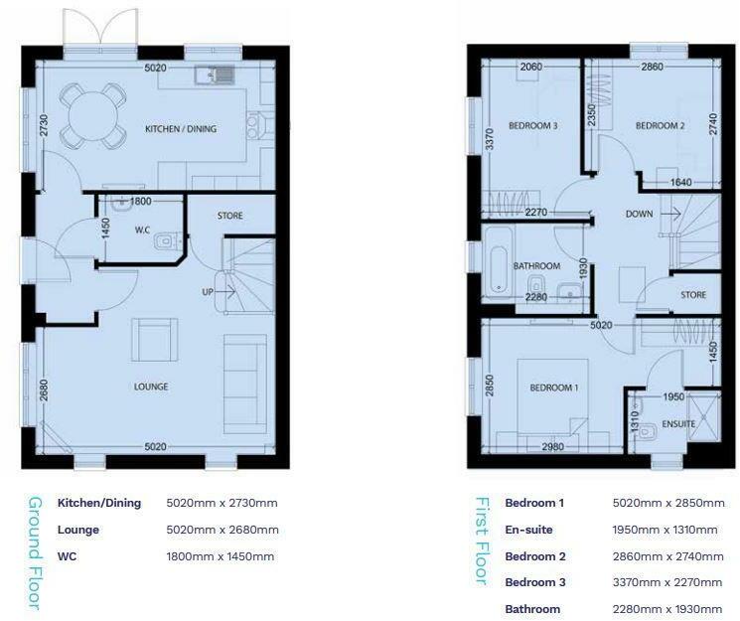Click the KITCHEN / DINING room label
point(180,129)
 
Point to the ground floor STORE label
point(229,216)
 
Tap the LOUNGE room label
point(152,387)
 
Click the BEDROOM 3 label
point(532,126)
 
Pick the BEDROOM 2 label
point(661,126)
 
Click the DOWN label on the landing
point(639,214)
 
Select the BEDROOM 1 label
point(553,388)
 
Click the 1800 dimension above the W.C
point(140,201)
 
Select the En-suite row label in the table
point(526,530)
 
